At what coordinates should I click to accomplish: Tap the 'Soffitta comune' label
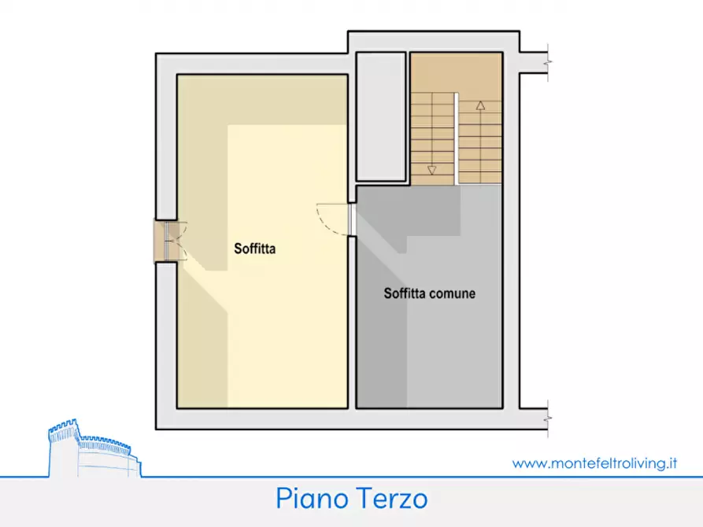(x=429, y=294)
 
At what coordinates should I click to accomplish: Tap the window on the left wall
(x=168, y=241)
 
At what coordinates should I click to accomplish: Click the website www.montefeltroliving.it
(x=595, y=463)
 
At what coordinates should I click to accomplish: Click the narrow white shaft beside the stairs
(x=380, y=116)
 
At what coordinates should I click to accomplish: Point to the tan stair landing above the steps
(x=456, y=72)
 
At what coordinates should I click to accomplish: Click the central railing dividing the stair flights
(x=457, y=138)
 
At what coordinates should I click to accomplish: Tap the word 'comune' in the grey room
(x=452, y=294)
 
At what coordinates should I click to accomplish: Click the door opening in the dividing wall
(x=352, y=219)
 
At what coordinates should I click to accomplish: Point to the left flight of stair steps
(x=432, y=138)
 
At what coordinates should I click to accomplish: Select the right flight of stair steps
(x=479, y=142)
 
